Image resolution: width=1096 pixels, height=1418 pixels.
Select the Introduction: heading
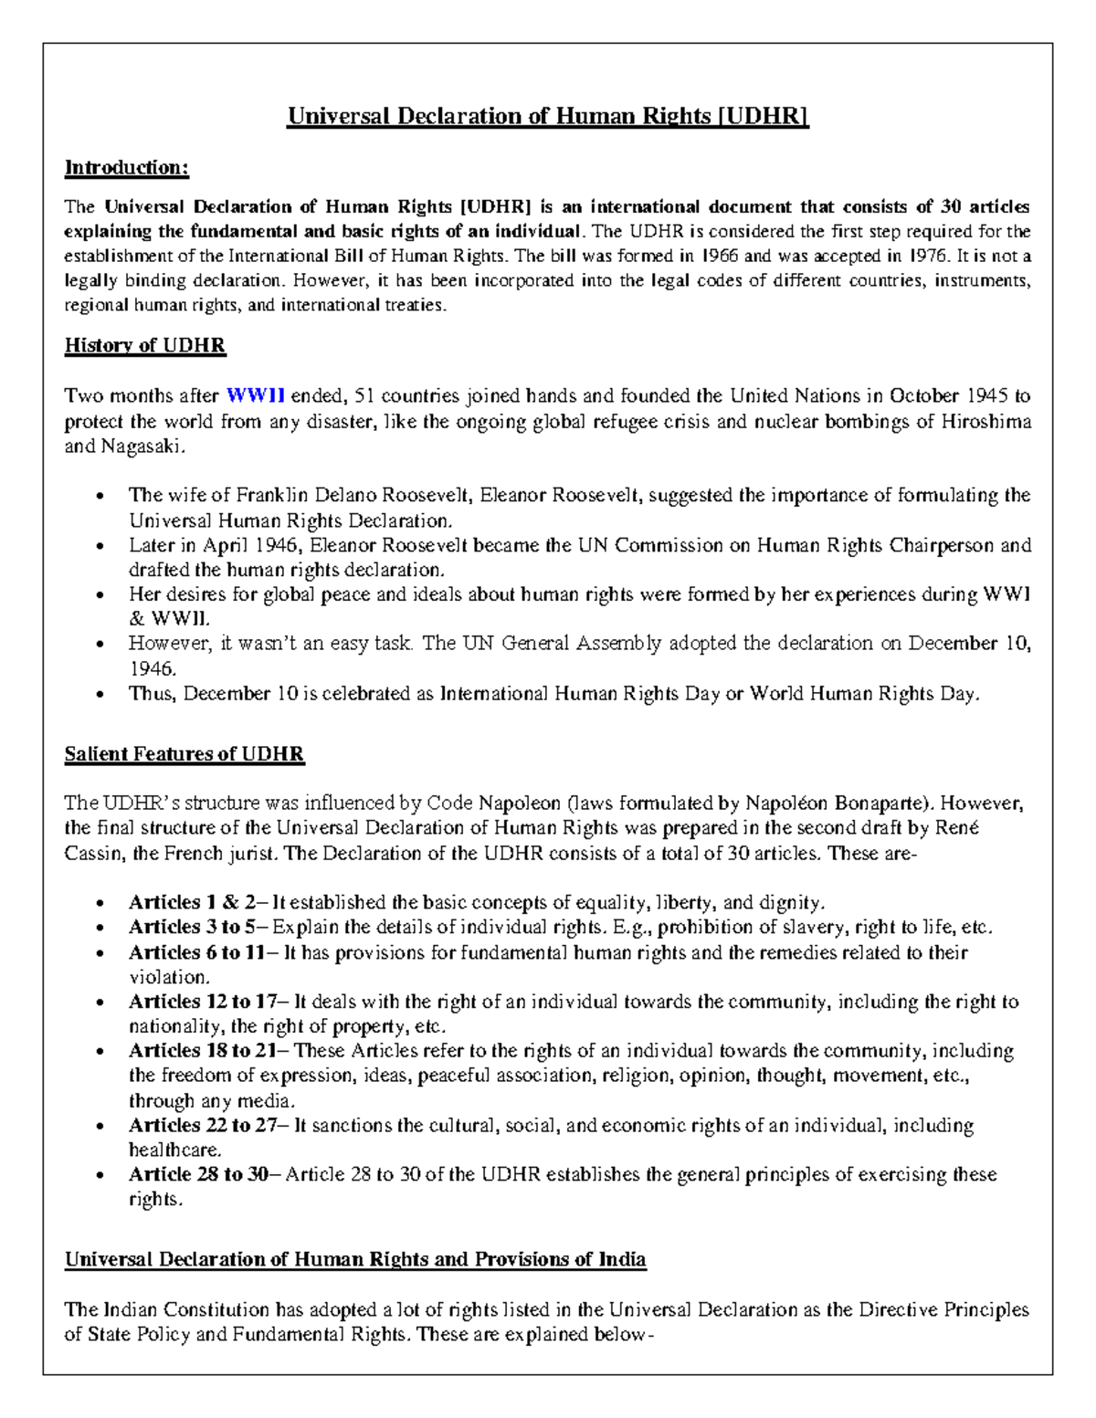pos(127,168)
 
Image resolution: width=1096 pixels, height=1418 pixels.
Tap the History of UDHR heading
pos(144,346)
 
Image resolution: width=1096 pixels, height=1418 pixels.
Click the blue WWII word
pos(256,396)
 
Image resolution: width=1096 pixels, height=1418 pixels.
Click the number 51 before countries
pos(364,396)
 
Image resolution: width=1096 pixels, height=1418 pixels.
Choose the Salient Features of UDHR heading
pos(184,755)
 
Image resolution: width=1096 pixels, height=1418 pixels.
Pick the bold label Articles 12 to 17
pos(202,1002)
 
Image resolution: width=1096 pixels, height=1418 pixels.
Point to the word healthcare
pos(174,1150)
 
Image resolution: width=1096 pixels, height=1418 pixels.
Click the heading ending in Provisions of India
pos(355,1260)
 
